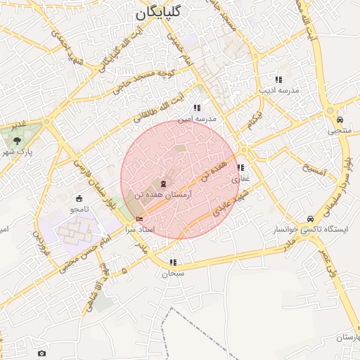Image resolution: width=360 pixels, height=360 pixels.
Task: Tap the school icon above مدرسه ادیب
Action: (x=278, y=79)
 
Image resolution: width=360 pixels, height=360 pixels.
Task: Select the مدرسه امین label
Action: (x=199, y=120)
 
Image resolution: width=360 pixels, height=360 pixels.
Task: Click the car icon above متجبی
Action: (x=340, y=120)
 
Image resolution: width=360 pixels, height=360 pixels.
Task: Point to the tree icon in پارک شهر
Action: (x=17, y=141)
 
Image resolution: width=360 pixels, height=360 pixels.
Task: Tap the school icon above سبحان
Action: (x=173, y=262)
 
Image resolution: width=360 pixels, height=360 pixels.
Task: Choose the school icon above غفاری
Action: (x=240, y=168)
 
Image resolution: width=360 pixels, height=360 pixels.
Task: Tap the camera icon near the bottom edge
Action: (x=42, y=352)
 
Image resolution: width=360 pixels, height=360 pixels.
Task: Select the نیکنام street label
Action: (x=256, y=122)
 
